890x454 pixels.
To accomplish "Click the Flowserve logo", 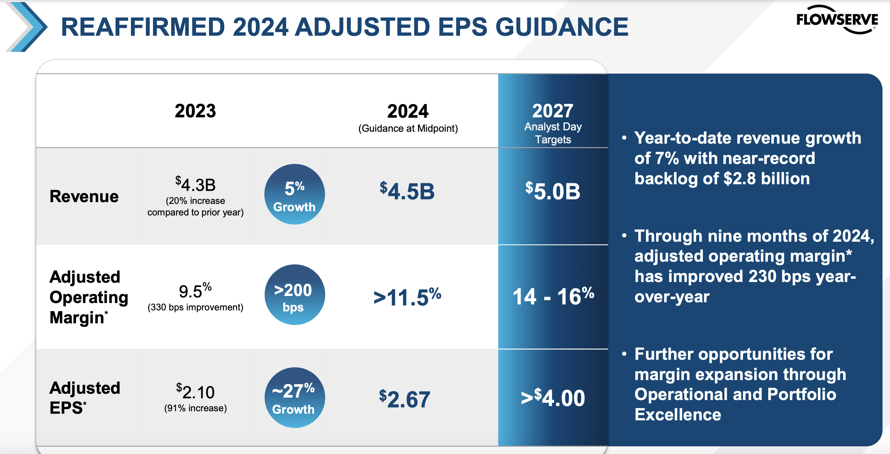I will coord(837,20).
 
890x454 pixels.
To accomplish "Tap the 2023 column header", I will coord(195,111).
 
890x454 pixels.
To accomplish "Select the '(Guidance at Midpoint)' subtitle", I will coord(408,129).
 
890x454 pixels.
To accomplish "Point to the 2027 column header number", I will coord(552,111).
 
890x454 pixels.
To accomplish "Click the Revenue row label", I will coord(84,196).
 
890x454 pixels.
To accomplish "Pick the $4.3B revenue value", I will coord(195,185).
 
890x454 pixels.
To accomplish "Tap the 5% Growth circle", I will coord(294,194).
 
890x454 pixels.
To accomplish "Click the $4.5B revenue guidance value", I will coord(407,191).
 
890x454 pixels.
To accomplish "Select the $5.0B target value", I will coord(552,191).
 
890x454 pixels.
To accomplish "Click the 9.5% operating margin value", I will coord(195,291).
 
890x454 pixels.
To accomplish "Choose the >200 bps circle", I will coord(294,295).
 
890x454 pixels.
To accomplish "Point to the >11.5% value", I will coord(407,297).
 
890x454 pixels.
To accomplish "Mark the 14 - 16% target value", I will coord(553,296).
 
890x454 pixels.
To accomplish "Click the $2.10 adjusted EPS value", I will coord(195,392).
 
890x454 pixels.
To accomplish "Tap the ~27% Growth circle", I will coord(294,398).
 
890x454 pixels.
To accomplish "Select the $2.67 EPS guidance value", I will coord(404,399).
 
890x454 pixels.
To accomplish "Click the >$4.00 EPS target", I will coord(552,398).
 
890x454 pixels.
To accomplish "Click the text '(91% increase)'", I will coord(195,408).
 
